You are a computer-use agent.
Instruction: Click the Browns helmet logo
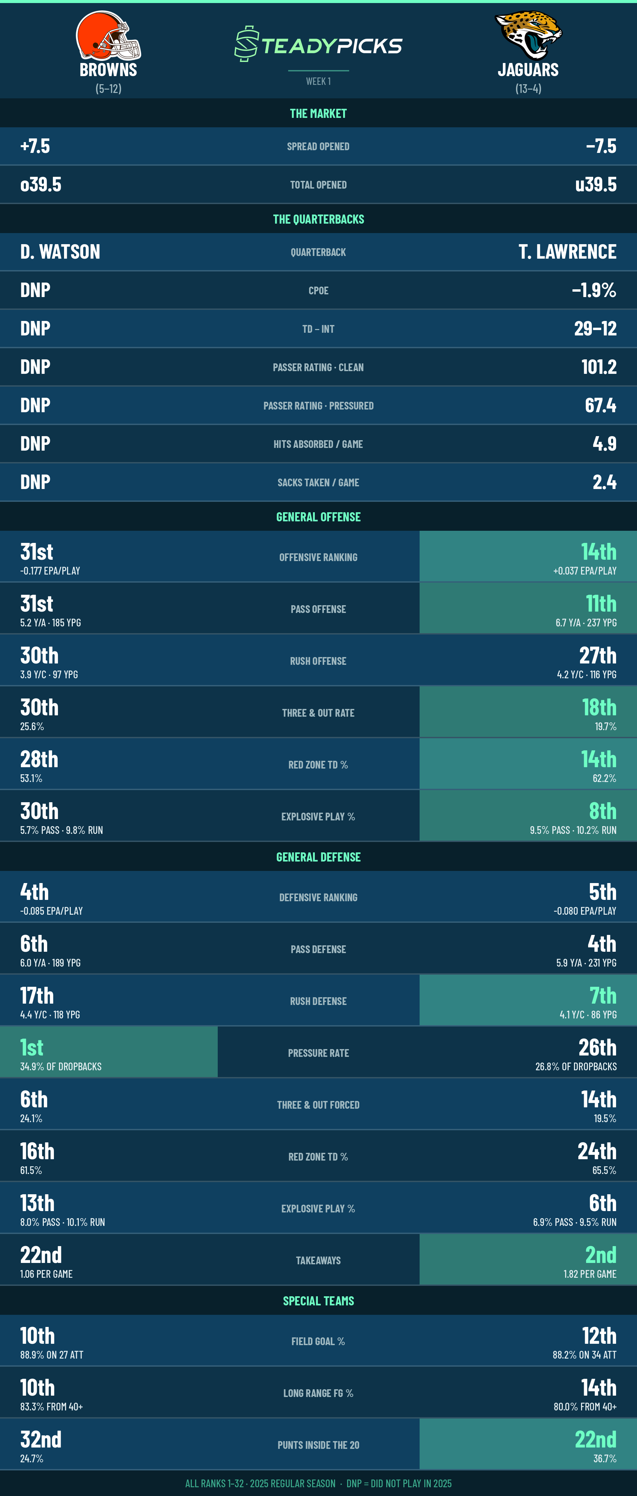pos(109,35)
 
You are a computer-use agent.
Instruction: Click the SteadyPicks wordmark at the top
pos(318,44)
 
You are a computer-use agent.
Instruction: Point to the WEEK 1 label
pos(318,81)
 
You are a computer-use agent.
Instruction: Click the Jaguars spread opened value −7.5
pos(601,146)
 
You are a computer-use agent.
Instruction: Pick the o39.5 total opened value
pos(41,184)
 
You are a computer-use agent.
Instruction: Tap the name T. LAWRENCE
pos(567,252)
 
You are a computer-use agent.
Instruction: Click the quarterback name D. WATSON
pos(60,252)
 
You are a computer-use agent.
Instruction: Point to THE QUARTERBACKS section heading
pos(318,219)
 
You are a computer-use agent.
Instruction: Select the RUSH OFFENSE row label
pos(318,661)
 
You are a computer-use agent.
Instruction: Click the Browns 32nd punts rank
pos(41,1439)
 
